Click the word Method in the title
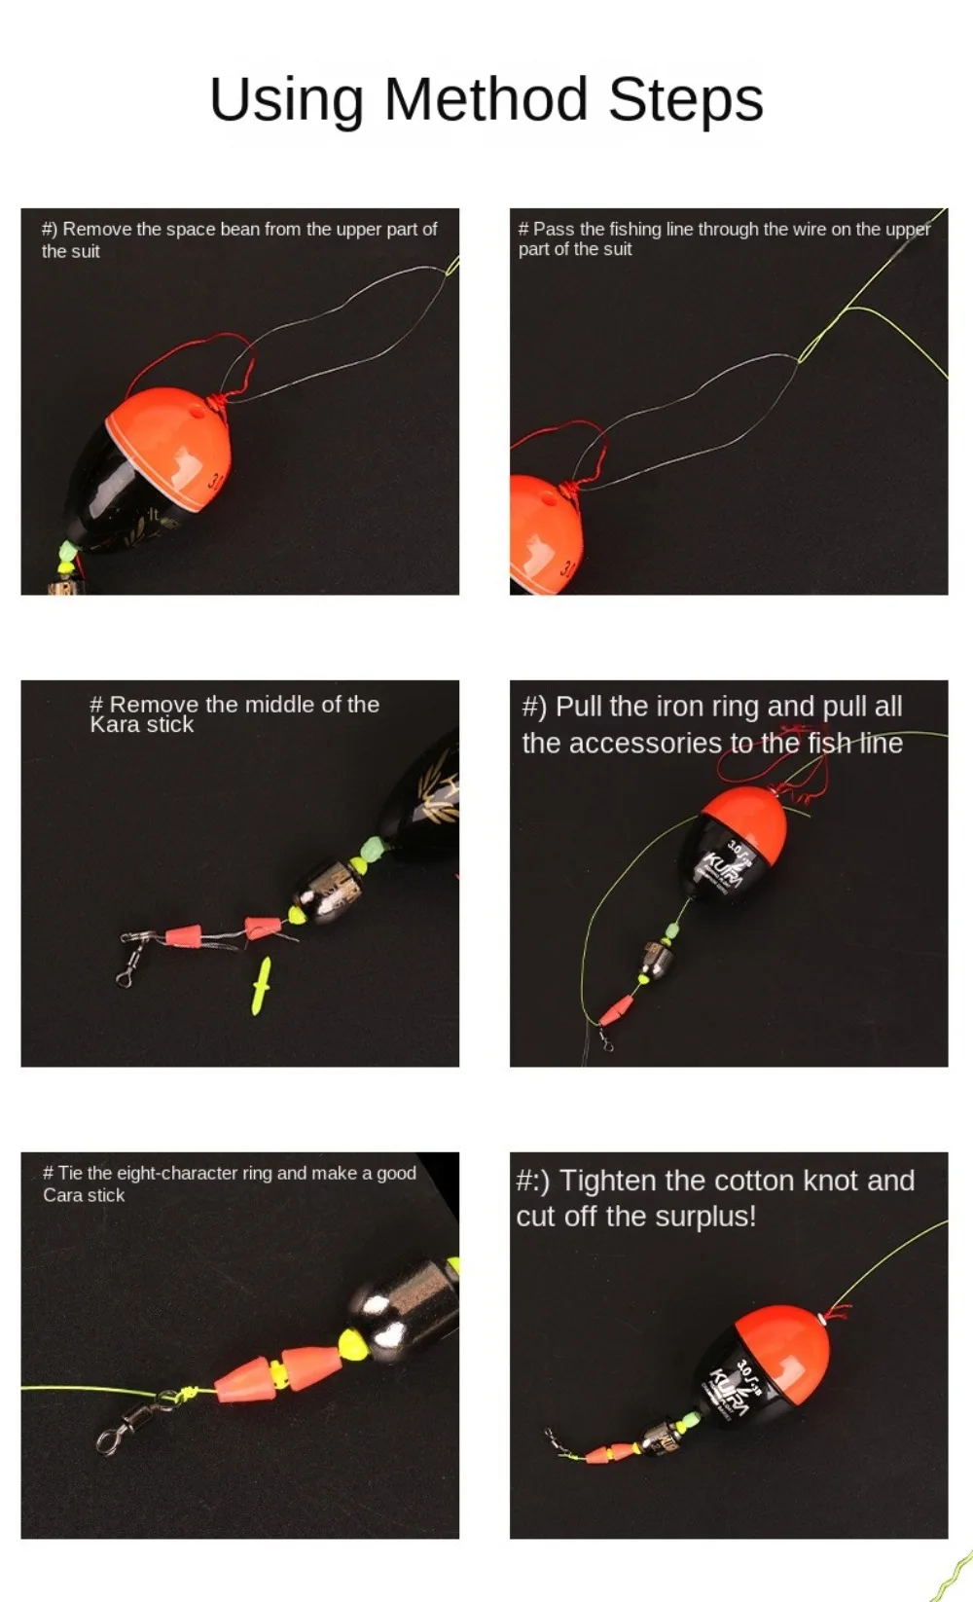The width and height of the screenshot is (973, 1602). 486,98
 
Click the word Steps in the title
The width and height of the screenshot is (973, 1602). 686,100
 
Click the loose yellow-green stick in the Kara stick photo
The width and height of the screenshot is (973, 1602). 261,986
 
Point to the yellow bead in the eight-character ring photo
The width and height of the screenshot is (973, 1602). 353,1344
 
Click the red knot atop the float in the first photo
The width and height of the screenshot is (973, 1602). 217,405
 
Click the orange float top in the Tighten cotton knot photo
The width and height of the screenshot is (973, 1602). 783,1347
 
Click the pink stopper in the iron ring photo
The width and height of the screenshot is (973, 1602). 616,1010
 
